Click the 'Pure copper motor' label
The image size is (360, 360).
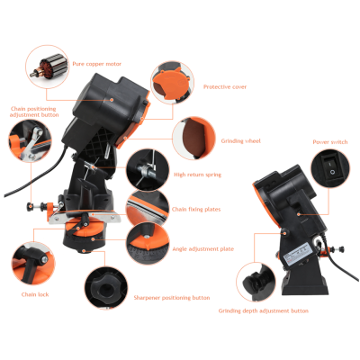pos(96,64)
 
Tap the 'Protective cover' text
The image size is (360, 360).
pos(225,87)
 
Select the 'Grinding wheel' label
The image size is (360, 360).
pos(241,141)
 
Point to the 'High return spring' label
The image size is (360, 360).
pos(197,175)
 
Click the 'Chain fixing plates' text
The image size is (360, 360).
pos(196,209)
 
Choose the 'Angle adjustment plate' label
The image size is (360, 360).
pos(202,248)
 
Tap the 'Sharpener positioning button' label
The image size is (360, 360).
pos(172,298)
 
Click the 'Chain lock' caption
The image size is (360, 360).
pos(35,294)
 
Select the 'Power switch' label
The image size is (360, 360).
pos(330,142)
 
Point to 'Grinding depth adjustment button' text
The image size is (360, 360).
pos(264,310)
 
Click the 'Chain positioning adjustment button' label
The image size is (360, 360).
pos(34,112)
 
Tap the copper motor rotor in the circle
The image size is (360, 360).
pos(47,67)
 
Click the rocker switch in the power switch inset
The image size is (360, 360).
pos(332,167)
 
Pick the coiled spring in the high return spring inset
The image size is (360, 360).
pos(146,172)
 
